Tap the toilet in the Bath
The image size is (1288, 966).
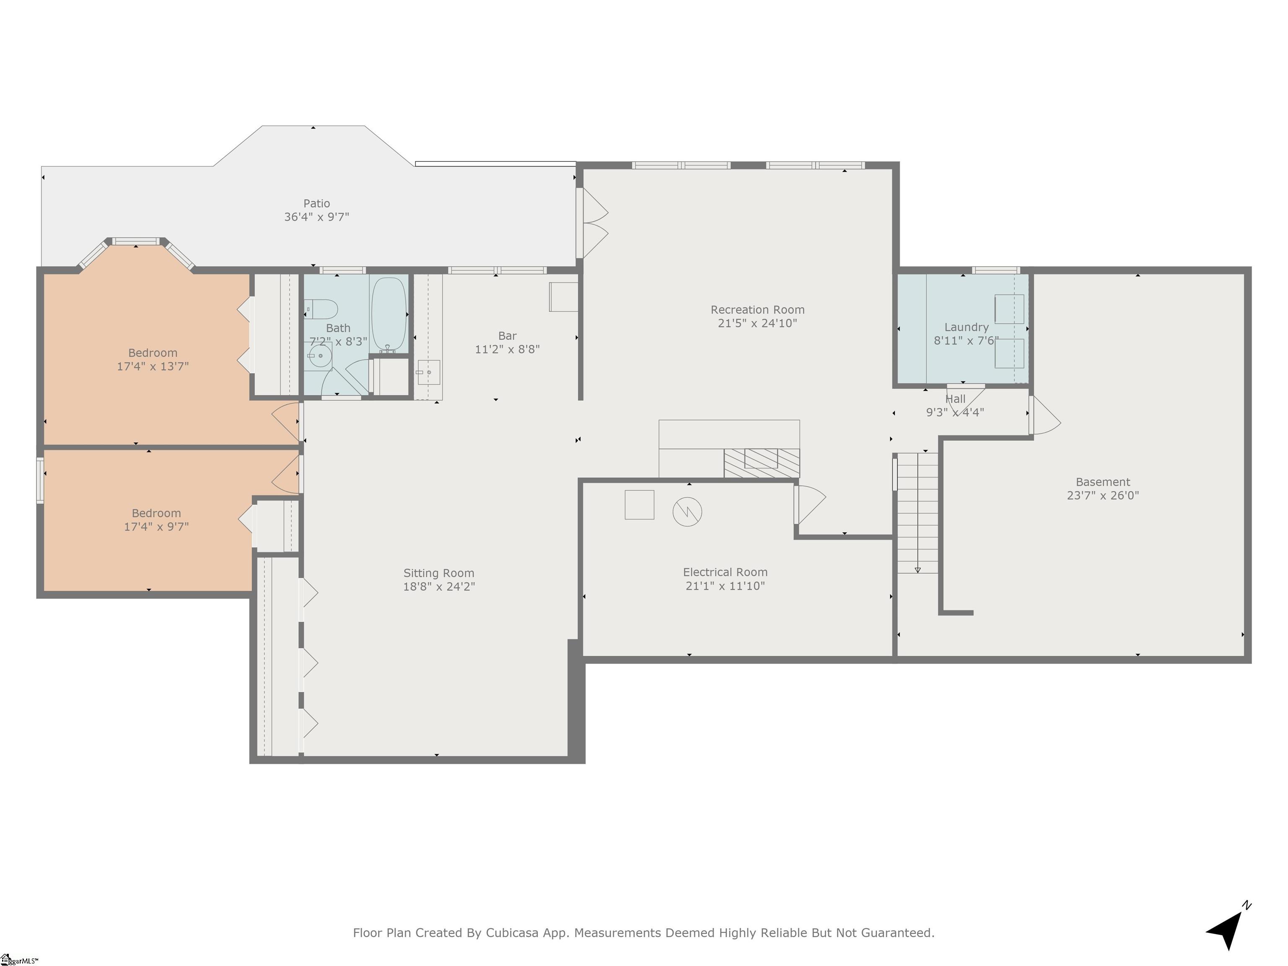pyautogui.click(x=321, y=309)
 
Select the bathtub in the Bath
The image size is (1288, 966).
pyautogui.click(x=389, y=314)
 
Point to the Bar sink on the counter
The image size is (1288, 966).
pyautogui.click(x=428, y=372)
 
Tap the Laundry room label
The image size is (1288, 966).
pyautogui.click(x=966, y=327)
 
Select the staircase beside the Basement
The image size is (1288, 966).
pyautogui.click(x=917, y=512)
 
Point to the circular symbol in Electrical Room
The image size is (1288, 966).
pyautogui.click(x=687, y=512)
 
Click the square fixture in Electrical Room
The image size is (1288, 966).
pyautogui.click(x=639, y=504)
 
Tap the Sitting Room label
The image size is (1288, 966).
pyautogui.click(x=439, y=573)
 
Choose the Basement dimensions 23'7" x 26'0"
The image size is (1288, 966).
pyautogui.click(x=1102, y=496)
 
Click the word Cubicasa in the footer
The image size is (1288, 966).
pyautogui.click(x=511, y=933)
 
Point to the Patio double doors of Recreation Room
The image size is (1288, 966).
pyautogui.click(x=593, y=223)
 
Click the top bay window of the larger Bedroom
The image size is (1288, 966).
pyautogui.click(x=136, y=241)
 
